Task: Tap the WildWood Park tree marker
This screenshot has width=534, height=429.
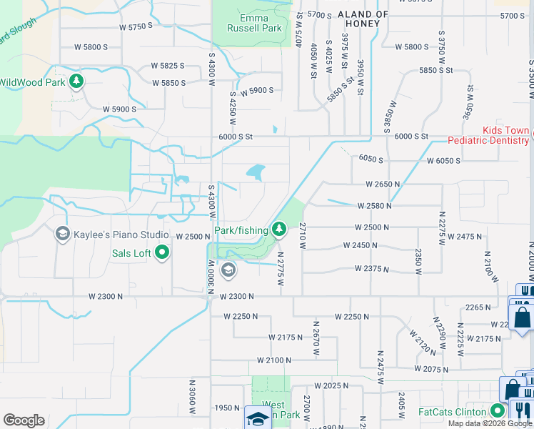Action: tap(76, 82)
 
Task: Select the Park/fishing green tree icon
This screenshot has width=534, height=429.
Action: tap(280, 230)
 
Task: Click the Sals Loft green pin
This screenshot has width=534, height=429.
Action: tap(162, 252)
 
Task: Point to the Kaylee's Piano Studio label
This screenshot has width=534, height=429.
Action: tap(119, 235)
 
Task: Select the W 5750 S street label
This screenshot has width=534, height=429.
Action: tap(137, 26)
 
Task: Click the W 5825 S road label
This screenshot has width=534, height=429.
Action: tap(168, 66)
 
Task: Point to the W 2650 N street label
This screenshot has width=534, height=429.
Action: tap(383, 184)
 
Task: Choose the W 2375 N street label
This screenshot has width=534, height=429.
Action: tap(373, 269)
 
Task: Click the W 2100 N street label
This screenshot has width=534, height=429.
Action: tap(275, 360)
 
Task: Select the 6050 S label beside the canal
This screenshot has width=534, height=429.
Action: tap(371, 159)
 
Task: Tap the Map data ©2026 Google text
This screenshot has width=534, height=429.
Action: tap(489, 423)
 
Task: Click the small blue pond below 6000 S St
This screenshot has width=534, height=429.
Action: tap(255, 172)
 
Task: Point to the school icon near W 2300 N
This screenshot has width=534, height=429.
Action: tap(228, 270)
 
